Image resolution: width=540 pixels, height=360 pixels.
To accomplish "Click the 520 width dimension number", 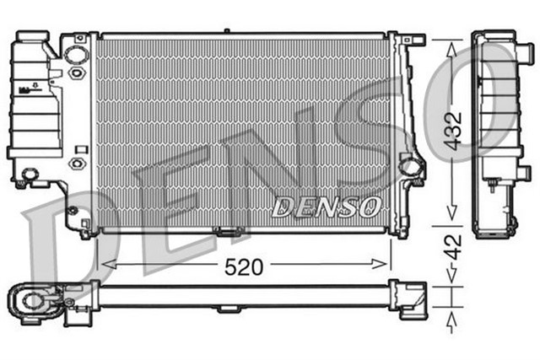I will (x=245, y=266).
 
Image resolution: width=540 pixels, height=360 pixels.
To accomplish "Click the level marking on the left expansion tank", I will (x=35, y=88).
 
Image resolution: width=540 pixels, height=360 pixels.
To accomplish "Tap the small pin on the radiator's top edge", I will (x=227, y=32).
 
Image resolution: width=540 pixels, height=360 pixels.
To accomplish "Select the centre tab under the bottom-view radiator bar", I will (x=227, y=309).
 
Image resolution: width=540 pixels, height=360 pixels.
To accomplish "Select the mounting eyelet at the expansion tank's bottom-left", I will (x=30, y=175).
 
